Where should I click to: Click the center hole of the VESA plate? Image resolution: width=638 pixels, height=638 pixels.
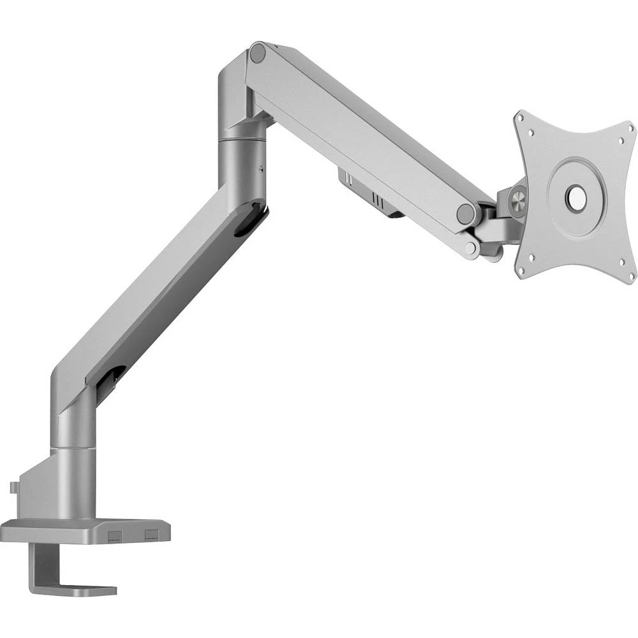point(577,197)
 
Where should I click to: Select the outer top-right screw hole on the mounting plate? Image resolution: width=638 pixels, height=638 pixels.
point(630,130)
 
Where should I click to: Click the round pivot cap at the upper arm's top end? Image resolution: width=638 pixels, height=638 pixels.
point(258,53)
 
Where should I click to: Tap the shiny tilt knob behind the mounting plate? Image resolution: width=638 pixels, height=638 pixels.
point(518,198)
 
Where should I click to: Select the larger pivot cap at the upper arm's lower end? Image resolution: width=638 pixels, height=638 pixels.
point(466,214)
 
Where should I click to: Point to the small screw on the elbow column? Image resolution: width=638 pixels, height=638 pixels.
point(260,169)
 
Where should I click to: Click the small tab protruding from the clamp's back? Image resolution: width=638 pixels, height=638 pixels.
point(14,487)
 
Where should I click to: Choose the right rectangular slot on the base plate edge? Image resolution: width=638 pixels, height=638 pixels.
point(151,533)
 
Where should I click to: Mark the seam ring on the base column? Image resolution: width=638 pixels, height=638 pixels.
point(73,449)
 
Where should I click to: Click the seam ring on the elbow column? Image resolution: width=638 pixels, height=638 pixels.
point(242,139)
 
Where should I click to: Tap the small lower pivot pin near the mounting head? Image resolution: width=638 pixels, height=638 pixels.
point(471,248)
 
